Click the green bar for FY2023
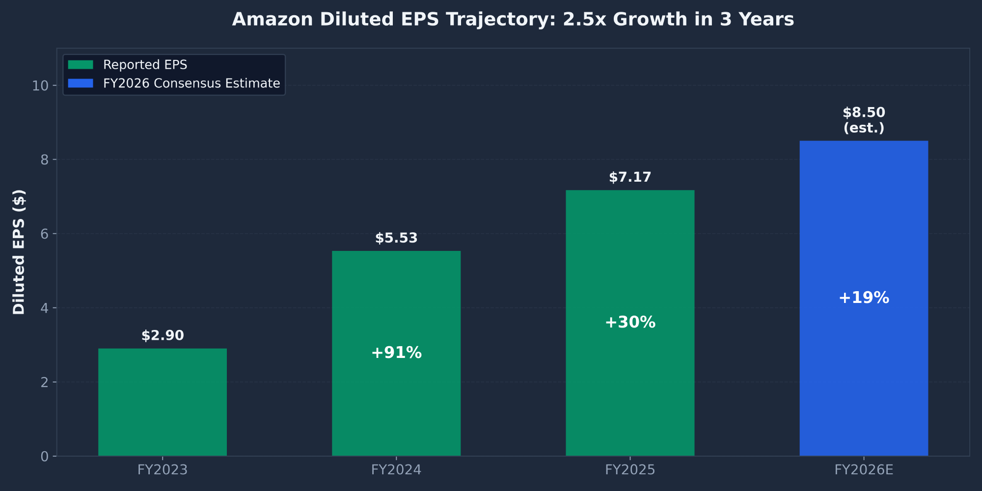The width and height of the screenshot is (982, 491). [163, 403]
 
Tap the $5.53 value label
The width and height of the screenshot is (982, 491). [396, 238]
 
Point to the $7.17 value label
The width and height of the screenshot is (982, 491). [630, 177]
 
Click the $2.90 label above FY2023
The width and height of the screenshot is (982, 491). [163, 336]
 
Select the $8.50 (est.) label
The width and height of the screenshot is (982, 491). [864, 120]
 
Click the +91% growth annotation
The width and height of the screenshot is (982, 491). [396, 353]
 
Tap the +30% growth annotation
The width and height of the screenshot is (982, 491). [630, 322]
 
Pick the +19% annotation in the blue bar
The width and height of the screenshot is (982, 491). [864, 298]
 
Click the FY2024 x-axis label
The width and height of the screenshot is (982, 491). [396, 470]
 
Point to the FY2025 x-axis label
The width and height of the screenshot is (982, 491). [630, 470]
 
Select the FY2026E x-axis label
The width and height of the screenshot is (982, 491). [864, 470]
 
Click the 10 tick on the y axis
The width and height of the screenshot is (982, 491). [40, 86]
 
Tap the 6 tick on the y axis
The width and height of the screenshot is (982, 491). [45, 234]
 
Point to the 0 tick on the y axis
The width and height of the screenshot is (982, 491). [45, 457]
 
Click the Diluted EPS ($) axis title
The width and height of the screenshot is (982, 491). [19, 252]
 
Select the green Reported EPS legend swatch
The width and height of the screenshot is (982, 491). [81, 65]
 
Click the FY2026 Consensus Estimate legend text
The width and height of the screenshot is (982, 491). [191, 83]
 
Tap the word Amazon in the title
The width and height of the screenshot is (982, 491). [272, 20]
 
